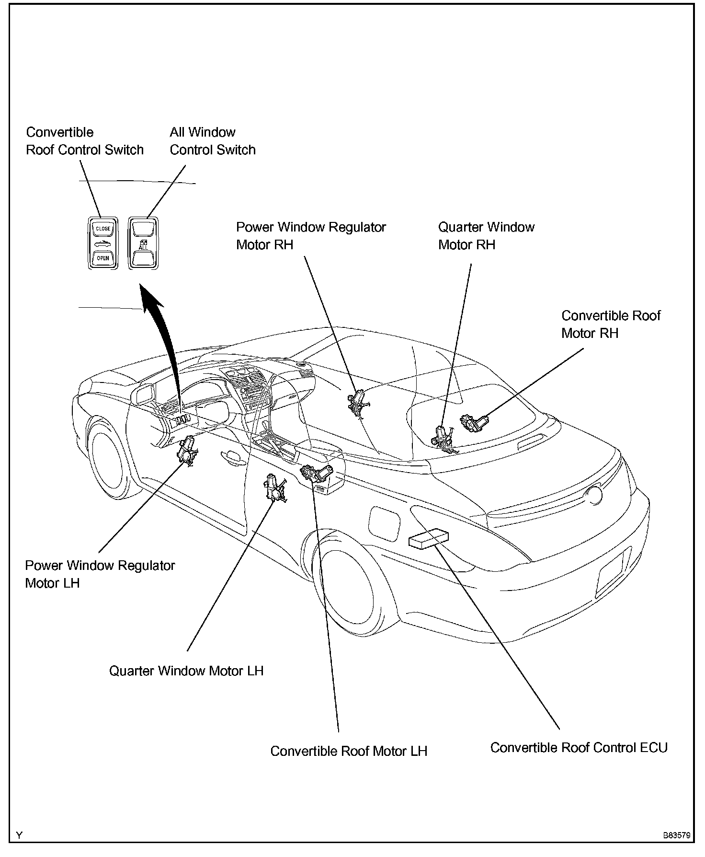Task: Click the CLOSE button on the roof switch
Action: point(103,229)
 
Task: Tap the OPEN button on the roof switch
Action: point(103,258)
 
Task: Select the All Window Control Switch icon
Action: point(143,243)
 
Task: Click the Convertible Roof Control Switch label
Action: point(85,141)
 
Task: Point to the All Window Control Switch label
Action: point(213,141)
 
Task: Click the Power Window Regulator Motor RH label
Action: point(311,235)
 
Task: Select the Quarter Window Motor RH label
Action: point(486,235)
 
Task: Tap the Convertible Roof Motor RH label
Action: point(611,324)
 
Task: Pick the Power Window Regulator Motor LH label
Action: point(100,574)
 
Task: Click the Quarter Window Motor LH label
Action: point(186,670)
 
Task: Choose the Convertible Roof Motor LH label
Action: point(349,751)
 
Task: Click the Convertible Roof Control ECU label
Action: point(579,748)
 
